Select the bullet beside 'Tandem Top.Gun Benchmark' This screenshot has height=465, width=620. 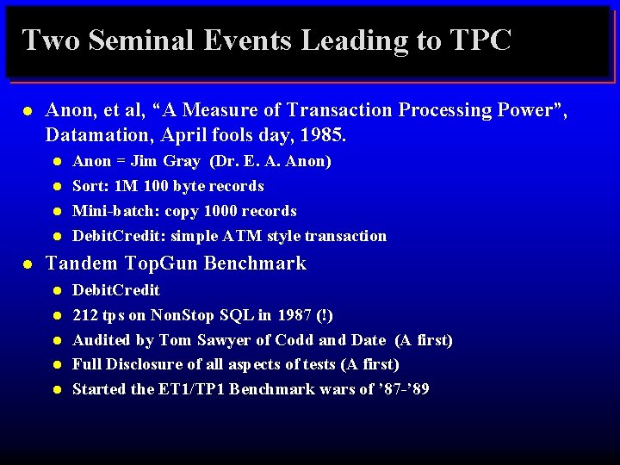28,264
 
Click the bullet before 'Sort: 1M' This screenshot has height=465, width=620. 56,187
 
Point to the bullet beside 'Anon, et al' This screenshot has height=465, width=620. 28,111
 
